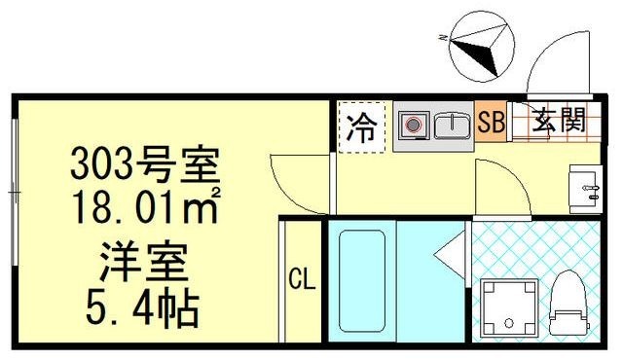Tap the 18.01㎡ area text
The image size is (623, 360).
(146, 207)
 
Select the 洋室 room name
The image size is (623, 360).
(143, 261)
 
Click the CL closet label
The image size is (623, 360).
(302, 279)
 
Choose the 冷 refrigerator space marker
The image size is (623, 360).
(361, 127)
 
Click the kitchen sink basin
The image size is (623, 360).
(452, 126)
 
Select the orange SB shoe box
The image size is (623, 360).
(491, 122)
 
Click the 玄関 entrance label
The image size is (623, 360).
(560, 120)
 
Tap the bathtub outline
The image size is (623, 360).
(361, 281)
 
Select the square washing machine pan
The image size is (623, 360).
(509, 308)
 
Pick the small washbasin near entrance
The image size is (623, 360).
(586, 190)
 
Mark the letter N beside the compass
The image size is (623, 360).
(443, 38)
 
